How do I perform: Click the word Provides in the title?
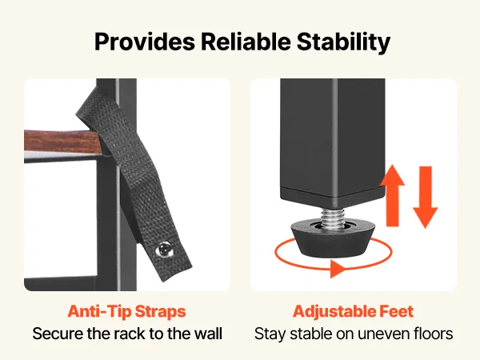coord(145,42)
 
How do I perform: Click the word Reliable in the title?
coord(246,42)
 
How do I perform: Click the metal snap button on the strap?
coord(166,249)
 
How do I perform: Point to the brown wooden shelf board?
coord(62,141)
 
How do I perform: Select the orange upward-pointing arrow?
coord(393,196)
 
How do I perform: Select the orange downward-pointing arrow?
coord(426,197)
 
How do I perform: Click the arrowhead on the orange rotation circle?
coord(338,269)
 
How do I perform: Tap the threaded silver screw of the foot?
coord(332,218)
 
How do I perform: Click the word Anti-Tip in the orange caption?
coord(99,312)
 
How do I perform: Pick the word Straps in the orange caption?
coord(160,312)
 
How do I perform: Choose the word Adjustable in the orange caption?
coord(334,312)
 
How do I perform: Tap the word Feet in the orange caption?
coord(397,312)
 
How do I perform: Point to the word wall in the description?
coord(209,333)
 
